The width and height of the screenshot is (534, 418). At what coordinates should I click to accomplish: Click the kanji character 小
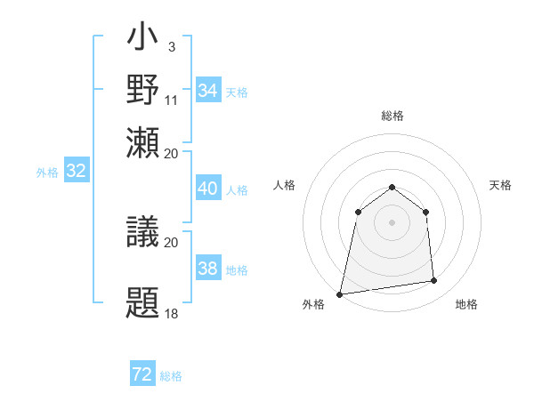(x=143, y=41)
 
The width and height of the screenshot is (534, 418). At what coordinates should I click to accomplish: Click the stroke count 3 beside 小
(x=171, y=45)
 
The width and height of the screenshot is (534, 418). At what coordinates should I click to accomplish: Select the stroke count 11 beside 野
(x=172, y=100)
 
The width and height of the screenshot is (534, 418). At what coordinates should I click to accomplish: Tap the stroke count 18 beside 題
(x=172, y=313)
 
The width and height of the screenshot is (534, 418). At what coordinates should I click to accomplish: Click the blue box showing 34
(x=207, y=91)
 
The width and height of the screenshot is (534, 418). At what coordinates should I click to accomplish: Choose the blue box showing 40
(x=207, y=189)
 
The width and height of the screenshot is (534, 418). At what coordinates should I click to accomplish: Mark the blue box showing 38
(x=207, y=269)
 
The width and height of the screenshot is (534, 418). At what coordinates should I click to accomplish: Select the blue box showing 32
(x=76, y=172)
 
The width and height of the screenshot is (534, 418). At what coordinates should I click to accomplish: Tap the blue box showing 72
(x=142, y=374)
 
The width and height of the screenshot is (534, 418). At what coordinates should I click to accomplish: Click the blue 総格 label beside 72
(x=171, y=376)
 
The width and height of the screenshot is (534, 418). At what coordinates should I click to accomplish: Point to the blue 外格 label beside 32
(x=47, y=173)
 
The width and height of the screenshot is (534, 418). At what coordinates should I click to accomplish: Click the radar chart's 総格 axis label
(x=392, y=116)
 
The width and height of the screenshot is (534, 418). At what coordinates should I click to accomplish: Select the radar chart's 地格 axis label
(x=466, y=305)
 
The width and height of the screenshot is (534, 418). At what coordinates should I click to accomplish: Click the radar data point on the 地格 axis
(x=434, y=281)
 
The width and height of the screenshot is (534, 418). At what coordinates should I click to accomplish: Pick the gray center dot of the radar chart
(x=392, y=222)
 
